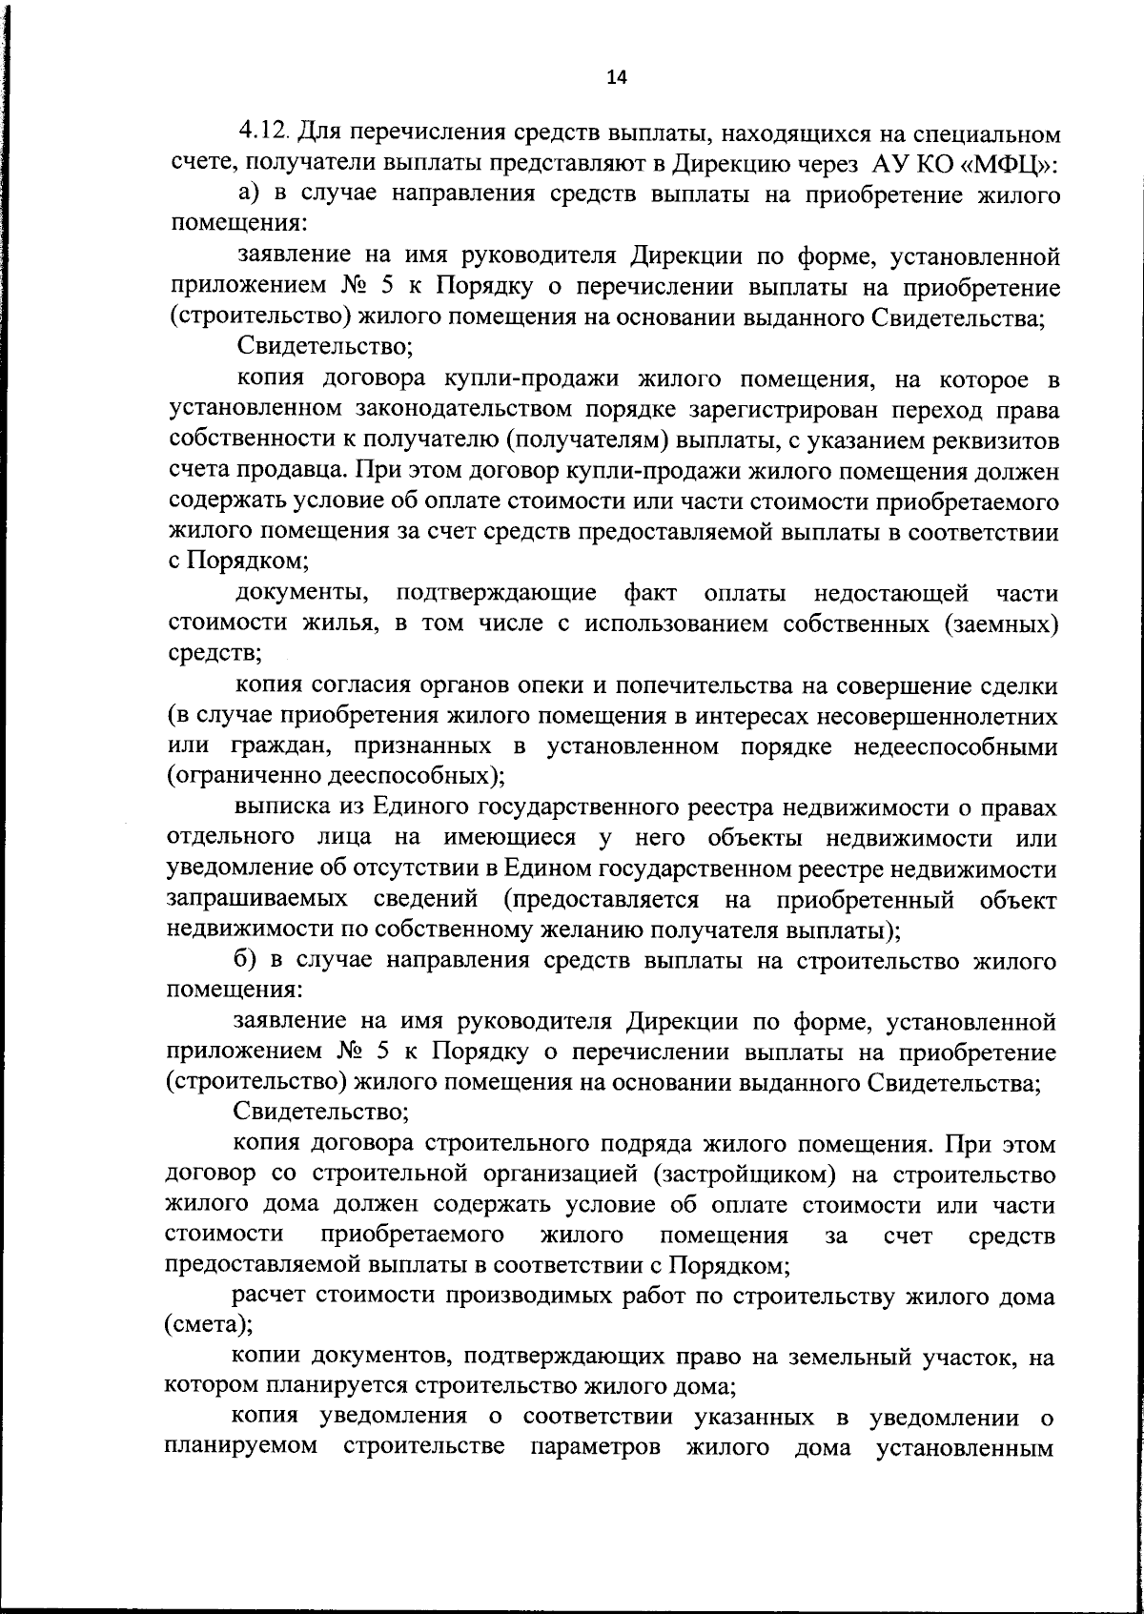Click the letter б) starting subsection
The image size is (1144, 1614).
[248, 961]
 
